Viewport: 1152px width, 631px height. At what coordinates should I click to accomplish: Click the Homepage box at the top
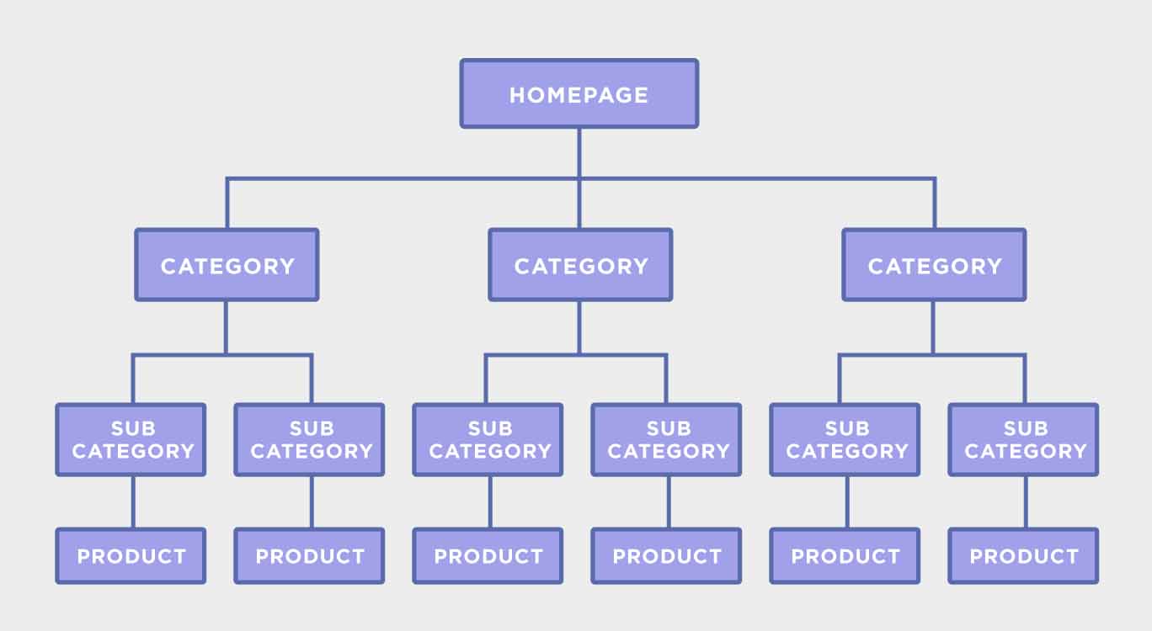click(579, 93)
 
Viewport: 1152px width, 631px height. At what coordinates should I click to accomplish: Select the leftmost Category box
click(227, 265)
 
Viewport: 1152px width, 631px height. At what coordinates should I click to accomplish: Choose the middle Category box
click(580, 265)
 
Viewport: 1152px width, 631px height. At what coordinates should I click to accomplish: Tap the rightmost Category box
click(934, 265)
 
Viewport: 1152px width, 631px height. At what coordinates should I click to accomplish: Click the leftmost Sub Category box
click(131, 440)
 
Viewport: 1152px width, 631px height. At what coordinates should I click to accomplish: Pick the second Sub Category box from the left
click(310, 440)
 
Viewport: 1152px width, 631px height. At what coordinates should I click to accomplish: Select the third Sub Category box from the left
click(488, 440)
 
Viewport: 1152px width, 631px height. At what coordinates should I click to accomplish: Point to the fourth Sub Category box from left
click(667, 440)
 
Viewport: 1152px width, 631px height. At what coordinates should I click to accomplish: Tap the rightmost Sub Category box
click(1024, 440)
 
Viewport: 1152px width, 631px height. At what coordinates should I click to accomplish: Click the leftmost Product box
click(131, 556)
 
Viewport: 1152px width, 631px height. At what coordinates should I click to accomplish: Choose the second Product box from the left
click(310, 556)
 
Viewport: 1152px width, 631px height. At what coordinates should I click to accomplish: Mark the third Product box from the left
click(488, 556)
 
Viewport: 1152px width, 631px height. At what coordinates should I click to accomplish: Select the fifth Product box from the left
click(845, 556)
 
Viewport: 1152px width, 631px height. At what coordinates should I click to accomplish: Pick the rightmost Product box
click(1024, 556)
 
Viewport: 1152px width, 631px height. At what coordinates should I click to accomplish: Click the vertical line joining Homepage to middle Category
click(579, 202)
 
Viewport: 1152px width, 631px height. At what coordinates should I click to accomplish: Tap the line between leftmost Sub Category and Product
click(132, 502)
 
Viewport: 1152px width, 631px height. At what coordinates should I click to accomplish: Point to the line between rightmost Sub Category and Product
click(1025, 502)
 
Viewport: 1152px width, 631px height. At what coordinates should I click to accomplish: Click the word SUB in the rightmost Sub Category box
click(1025, 428)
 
